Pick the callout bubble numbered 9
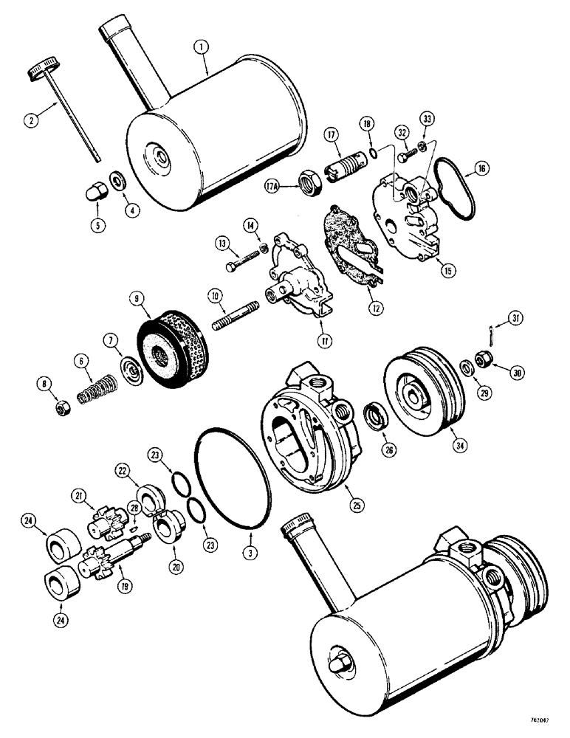click(x=137, y=299)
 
